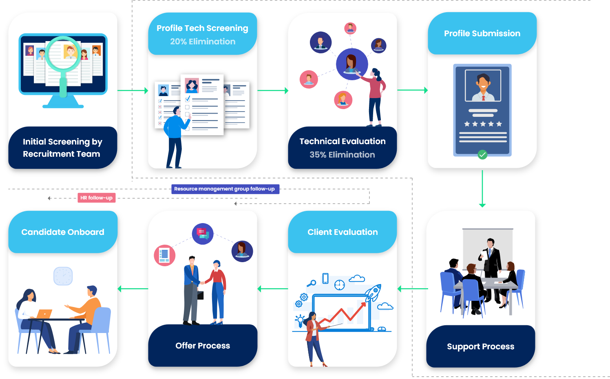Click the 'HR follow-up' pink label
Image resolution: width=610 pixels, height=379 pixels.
(96, 198)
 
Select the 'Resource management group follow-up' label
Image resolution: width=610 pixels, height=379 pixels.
(225, 189)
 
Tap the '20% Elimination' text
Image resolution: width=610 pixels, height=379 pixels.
(203, 42)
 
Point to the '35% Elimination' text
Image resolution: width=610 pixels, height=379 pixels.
(342, 155)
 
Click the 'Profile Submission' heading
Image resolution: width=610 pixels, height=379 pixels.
(482, 33)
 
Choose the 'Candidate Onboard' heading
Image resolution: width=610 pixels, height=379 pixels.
(63, 232)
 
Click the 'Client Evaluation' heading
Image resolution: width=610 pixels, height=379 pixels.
(343, 232)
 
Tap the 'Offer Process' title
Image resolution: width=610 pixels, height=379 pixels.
(203, 346)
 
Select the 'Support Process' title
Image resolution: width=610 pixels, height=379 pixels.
(480, 346)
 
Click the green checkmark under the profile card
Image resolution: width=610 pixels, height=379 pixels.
(482, 155)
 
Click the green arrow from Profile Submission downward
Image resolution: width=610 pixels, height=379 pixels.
(482, 189)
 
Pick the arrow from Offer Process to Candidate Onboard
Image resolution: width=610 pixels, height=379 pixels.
(133, 289)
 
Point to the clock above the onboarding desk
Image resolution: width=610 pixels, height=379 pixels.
(63, 276)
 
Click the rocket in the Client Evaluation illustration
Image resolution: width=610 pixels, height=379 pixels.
(373, 293)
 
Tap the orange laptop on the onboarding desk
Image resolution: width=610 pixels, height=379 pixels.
(44, 314)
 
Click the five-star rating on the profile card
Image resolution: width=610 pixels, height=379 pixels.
(483, 124)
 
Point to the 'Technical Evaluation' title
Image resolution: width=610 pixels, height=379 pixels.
(343, 141)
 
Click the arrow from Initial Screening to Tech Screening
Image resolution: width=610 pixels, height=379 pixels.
(133, 90)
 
